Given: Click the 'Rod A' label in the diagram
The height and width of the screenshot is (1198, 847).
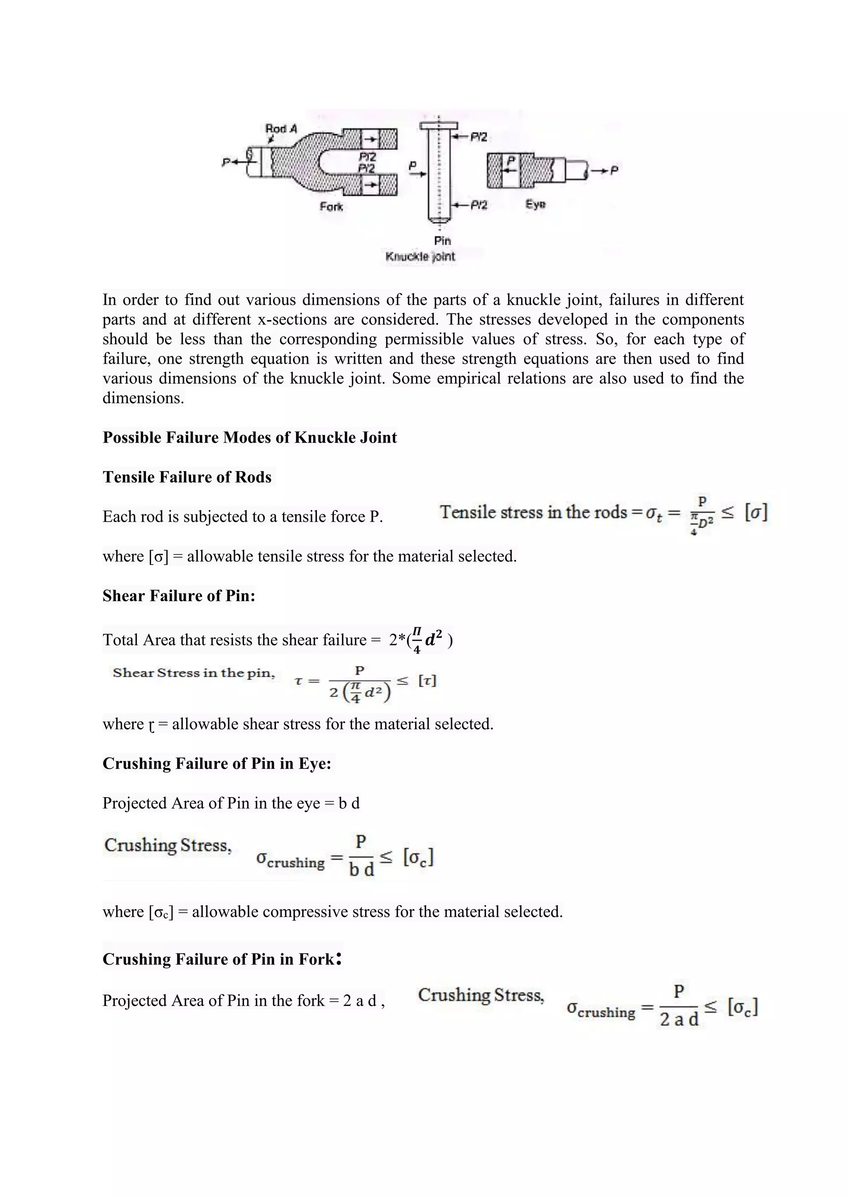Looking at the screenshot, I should coord(280,128).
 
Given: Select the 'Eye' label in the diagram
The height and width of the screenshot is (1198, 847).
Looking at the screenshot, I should coord(535,204).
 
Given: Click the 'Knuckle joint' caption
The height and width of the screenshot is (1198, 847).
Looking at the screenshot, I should coord(420,257).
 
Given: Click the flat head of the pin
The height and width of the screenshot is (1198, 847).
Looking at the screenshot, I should coord(439,126).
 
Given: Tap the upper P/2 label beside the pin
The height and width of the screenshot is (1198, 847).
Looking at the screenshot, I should coord(478,137).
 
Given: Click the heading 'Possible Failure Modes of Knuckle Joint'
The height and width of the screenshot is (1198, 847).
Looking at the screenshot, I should coord(250,437).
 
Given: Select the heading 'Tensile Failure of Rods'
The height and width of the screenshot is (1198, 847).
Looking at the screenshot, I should coord(187,477).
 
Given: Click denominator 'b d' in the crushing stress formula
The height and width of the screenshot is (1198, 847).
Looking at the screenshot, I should coord(361,870).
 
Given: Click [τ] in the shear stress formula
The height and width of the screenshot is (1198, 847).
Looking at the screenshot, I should coord(427,681).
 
